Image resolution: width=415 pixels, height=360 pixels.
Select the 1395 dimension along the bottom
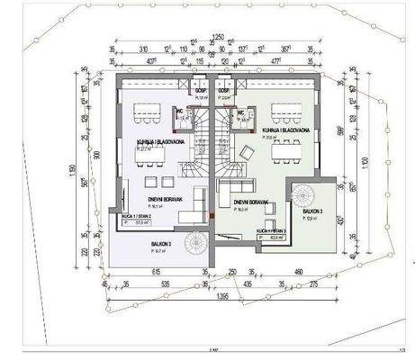221,294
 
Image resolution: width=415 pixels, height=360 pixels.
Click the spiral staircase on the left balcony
194,244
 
